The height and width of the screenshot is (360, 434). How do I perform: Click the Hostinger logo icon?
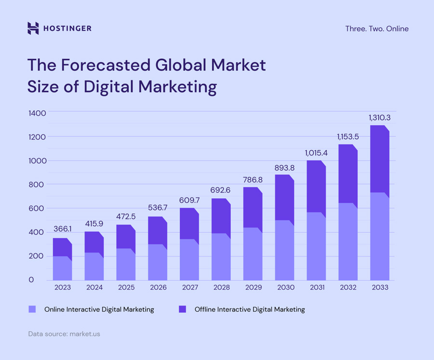tap(33, 28)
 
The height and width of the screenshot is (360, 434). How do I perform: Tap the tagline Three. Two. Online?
tap(377, 29)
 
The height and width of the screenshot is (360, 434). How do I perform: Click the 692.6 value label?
tap(220, 190)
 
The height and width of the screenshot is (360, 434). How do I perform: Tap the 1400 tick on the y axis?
tap(37, 113)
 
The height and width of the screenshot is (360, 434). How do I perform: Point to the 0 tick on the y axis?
tap(31, 280)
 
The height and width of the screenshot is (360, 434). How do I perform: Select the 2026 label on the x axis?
tap(157, 288)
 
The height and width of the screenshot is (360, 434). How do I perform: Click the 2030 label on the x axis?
tap(284, 288)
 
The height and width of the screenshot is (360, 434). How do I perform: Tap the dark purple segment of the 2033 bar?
tap(380, 159)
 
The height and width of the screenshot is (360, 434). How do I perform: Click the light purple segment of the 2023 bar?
tap(62, 269)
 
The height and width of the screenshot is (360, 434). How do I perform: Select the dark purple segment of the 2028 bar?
tap(221, 216)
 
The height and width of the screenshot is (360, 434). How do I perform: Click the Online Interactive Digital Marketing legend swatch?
tap(32, 309)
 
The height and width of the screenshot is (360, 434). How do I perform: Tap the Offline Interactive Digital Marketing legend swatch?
tap(182, 309)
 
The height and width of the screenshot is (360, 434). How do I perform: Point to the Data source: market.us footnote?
tap(64, 333)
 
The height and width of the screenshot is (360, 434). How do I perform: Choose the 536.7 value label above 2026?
tap(157, 209)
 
